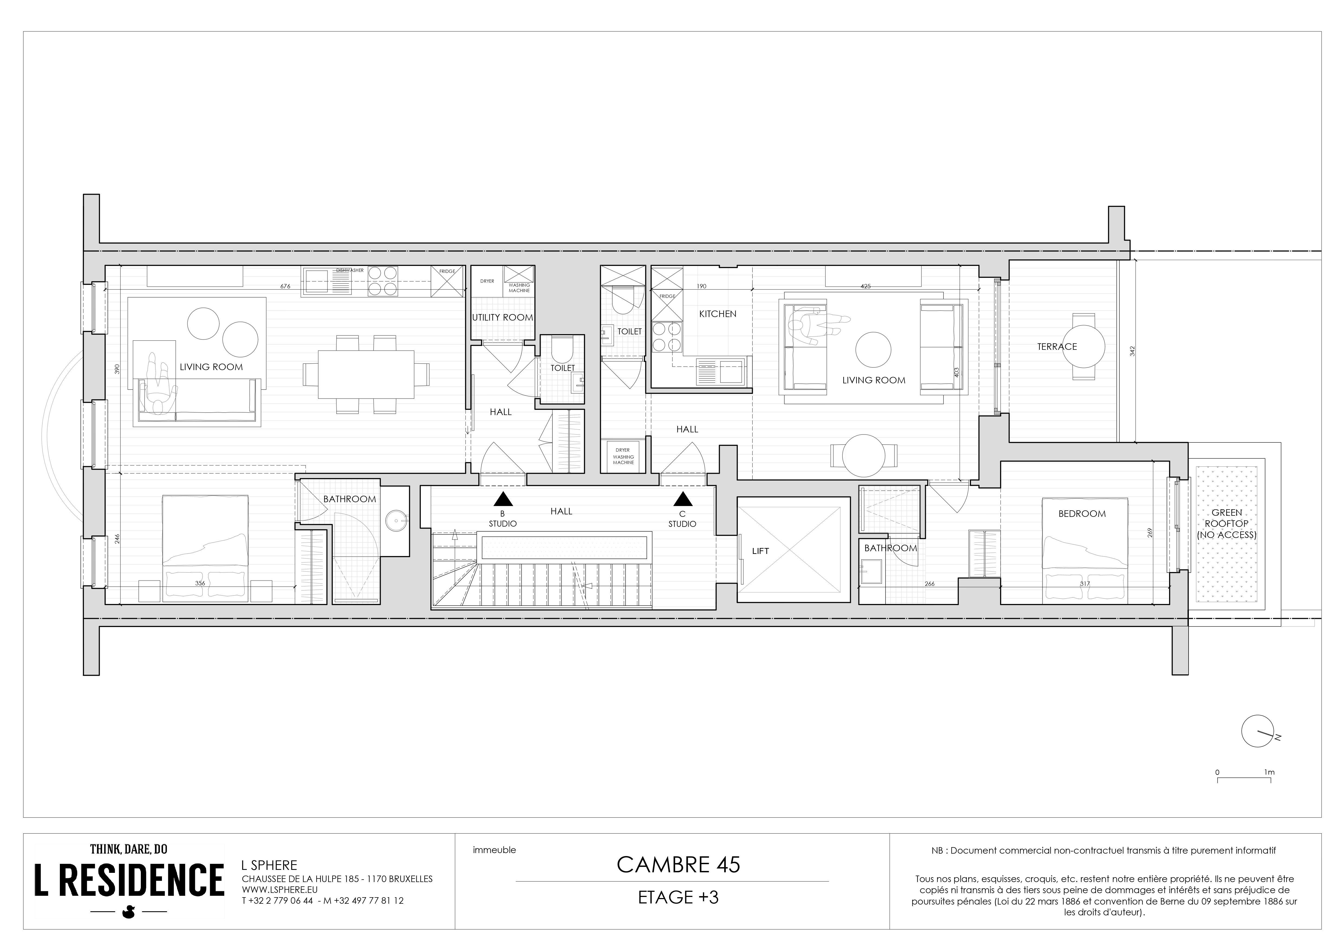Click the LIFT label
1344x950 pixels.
tap(760, 551)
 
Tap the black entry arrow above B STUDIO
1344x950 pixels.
tap(503, 499)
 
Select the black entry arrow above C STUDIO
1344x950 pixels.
tap(682, 499)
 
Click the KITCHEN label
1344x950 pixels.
tap(718, 314)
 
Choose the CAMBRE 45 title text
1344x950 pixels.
tap(678, 864)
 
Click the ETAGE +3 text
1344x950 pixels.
tap(678, 897)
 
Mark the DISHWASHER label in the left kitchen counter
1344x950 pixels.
tap(350, 270)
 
